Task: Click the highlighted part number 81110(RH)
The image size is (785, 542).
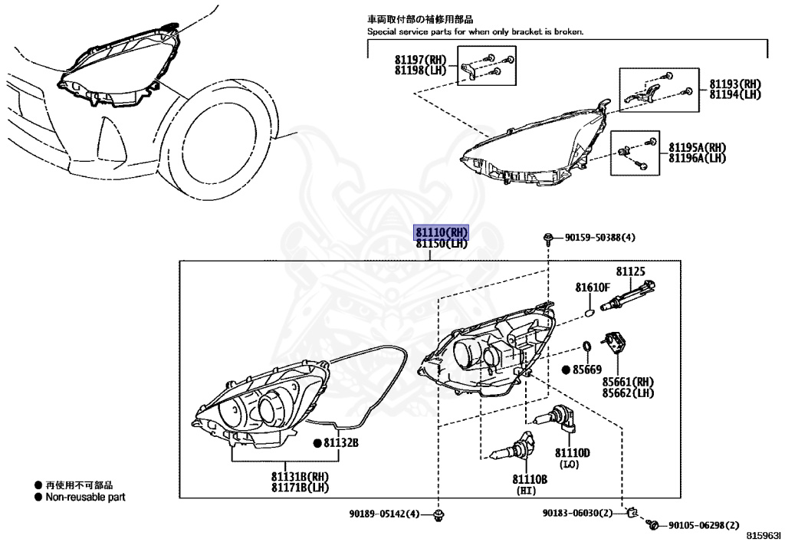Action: [x=441, y=233]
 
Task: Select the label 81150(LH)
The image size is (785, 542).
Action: [x=441, y=244]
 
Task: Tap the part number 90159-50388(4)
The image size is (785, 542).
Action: [x=600, y=238]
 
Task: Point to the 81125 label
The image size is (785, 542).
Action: [x=630, y=271]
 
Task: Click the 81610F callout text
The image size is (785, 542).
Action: [x=593, y=287]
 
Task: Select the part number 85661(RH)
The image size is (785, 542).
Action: [x=628, y=382]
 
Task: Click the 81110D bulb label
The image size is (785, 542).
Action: [x=572, y=453]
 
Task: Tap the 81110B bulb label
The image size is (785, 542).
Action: [x=530, y=479]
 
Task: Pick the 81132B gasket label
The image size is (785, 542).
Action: [x=340, y=442]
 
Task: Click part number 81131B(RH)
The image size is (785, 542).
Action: [x=299, y=476]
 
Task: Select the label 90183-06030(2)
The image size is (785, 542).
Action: [x=578, y=513]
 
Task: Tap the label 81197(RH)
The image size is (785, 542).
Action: [x=420, y=60]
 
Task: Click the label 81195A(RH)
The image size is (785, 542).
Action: [x=697, y=147]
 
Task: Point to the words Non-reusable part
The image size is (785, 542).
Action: [x=85, y=497]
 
